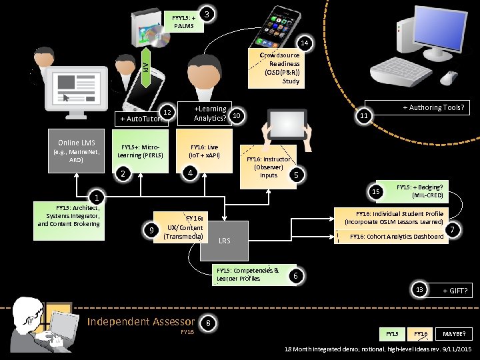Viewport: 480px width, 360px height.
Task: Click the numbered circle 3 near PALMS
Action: (x=209, y=14)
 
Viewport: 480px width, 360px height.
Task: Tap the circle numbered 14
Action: (x=303, y=44)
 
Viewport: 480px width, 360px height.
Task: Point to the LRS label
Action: (x=224, y=240)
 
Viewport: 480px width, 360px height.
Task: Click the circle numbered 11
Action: (x=363, y=116)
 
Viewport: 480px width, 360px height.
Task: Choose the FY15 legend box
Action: (x=392, y=333)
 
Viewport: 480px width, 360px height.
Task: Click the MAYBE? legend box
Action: (x=454, y=333)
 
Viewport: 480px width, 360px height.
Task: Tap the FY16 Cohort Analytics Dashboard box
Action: (x=397, y=236)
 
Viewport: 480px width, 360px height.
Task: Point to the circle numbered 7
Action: (x=453, y=230)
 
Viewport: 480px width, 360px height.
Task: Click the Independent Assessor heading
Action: (x=141, y=322)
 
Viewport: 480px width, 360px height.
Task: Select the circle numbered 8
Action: (x=209, y=323)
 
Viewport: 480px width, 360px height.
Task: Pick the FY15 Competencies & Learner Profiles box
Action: (x=248, y=274)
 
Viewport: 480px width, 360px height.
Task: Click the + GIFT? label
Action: (x=457, y=291)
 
